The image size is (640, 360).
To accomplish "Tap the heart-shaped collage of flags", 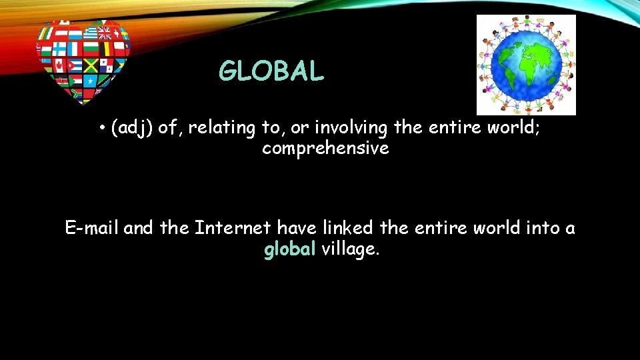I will tap(83, 61).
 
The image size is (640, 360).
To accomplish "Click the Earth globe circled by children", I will tap(526, 65).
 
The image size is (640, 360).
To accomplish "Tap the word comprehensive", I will tap(325, 149).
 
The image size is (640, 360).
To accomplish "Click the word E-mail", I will tap(92, 229).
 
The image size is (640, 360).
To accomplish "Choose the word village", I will tap(351, 250).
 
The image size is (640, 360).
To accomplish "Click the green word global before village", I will tap(290, 250).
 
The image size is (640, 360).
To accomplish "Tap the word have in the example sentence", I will tap(297, 229).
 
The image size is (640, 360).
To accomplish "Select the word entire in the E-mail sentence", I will tap(440, 229).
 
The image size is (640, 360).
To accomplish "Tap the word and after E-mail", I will tap(138, 229).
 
